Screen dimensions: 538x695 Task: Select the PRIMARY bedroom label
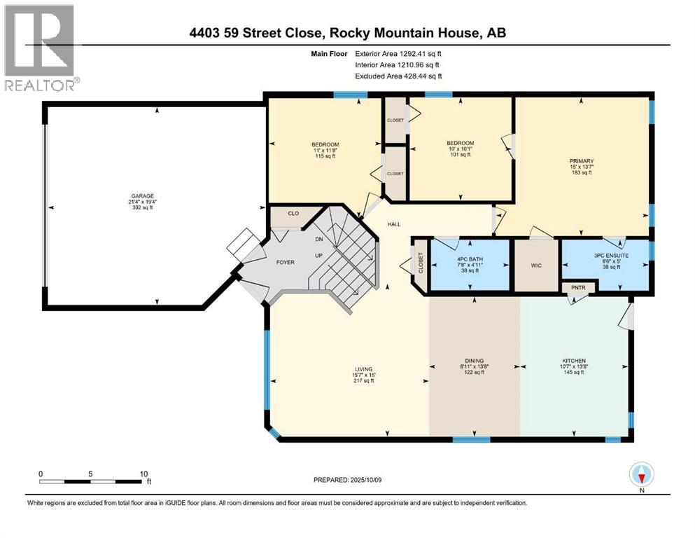[581, 161]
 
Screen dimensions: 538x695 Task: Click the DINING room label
[475, 360]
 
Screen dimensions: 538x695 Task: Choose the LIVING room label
[363, 369]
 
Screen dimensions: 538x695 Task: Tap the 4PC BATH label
[470, 259]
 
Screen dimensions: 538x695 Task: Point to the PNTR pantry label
[579, 287]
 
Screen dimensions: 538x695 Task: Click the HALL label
[394, 224]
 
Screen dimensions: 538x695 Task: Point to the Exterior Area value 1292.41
[418, 53]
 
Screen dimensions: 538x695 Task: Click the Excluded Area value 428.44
[418, 76]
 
